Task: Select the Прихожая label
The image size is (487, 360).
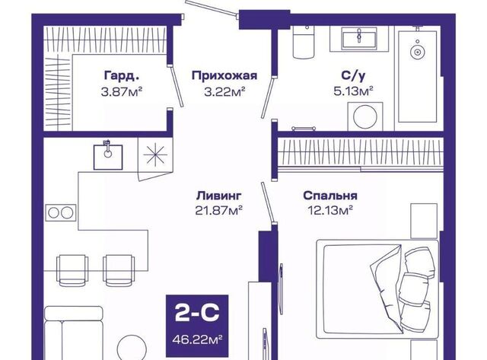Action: pos(224,75)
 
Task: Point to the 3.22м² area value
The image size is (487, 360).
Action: pos(225,91)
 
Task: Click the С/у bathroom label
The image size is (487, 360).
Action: pos(353,75)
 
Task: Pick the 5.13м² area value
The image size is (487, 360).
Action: pos(353,91)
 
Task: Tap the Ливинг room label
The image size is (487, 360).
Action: pos(218,196)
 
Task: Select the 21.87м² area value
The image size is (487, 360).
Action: pos(218,211)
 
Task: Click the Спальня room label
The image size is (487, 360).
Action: pos(330,196)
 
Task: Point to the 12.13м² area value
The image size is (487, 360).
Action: pos(330,211)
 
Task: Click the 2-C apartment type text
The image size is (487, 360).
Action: pos(197,313)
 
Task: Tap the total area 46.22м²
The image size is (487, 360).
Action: pos(197,339)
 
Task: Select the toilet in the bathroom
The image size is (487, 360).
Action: pos(304,43)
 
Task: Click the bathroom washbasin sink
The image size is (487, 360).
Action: pos(359,37)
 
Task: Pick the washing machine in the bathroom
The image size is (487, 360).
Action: pos(365,116)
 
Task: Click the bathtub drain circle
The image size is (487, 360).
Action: pos(417,52)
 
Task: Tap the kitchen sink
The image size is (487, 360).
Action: pos(108,156)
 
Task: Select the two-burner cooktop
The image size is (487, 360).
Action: pos(61,213)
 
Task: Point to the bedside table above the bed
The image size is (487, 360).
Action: pos(424,221)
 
